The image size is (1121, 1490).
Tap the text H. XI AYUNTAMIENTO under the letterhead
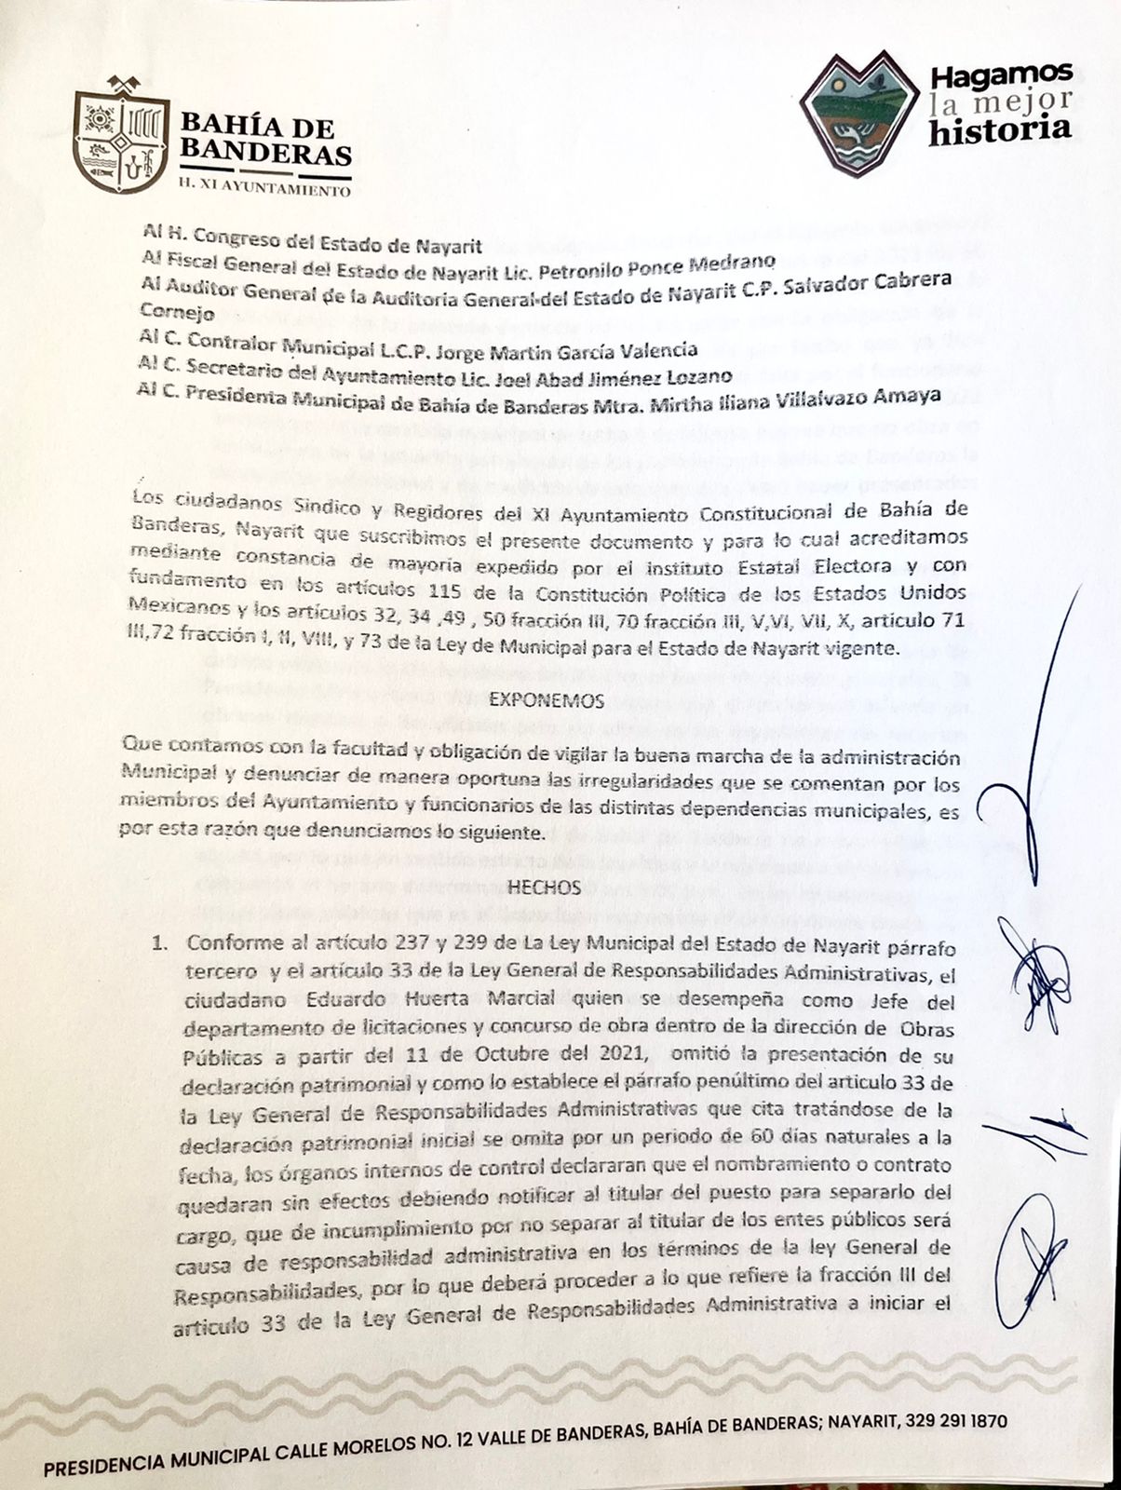coord(263,191)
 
